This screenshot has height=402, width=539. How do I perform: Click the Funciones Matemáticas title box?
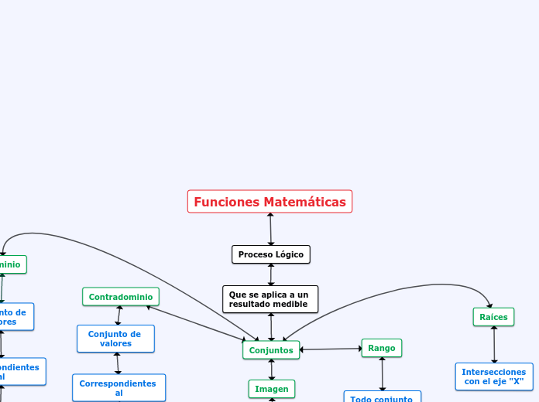269,202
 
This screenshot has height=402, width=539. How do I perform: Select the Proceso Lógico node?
271,254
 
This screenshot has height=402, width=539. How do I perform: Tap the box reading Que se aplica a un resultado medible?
270,299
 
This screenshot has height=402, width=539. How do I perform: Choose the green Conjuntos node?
271,350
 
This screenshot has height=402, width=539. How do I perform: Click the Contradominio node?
120,297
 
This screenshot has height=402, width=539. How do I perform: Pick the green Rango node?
382,348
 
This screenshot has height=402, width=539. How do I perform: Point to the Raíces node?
493,317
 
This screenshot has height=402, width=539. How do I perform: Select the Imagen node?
272,389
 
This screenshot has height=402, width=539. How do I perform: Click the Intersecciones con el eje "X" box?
494,376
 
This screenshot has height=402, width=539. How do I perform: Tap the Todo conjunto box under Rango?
382,397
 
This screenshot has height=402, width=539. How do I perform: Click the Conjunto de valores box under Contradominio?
115,339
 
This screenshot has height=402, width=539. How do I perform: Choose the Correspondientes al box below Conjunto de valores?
118,388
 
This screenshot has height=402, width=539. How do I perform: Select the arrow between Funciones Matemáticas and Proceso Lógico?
270,229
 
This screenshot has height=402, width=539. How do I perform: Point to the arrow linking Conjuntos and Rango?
331,349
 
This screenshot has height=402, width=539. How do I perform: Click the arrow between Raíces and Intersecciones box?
494,345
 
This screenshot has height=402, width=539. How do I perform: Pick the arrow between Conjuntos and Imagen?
271,370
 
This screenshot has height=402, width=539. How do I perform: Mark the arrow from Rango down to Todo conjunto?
382,373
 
